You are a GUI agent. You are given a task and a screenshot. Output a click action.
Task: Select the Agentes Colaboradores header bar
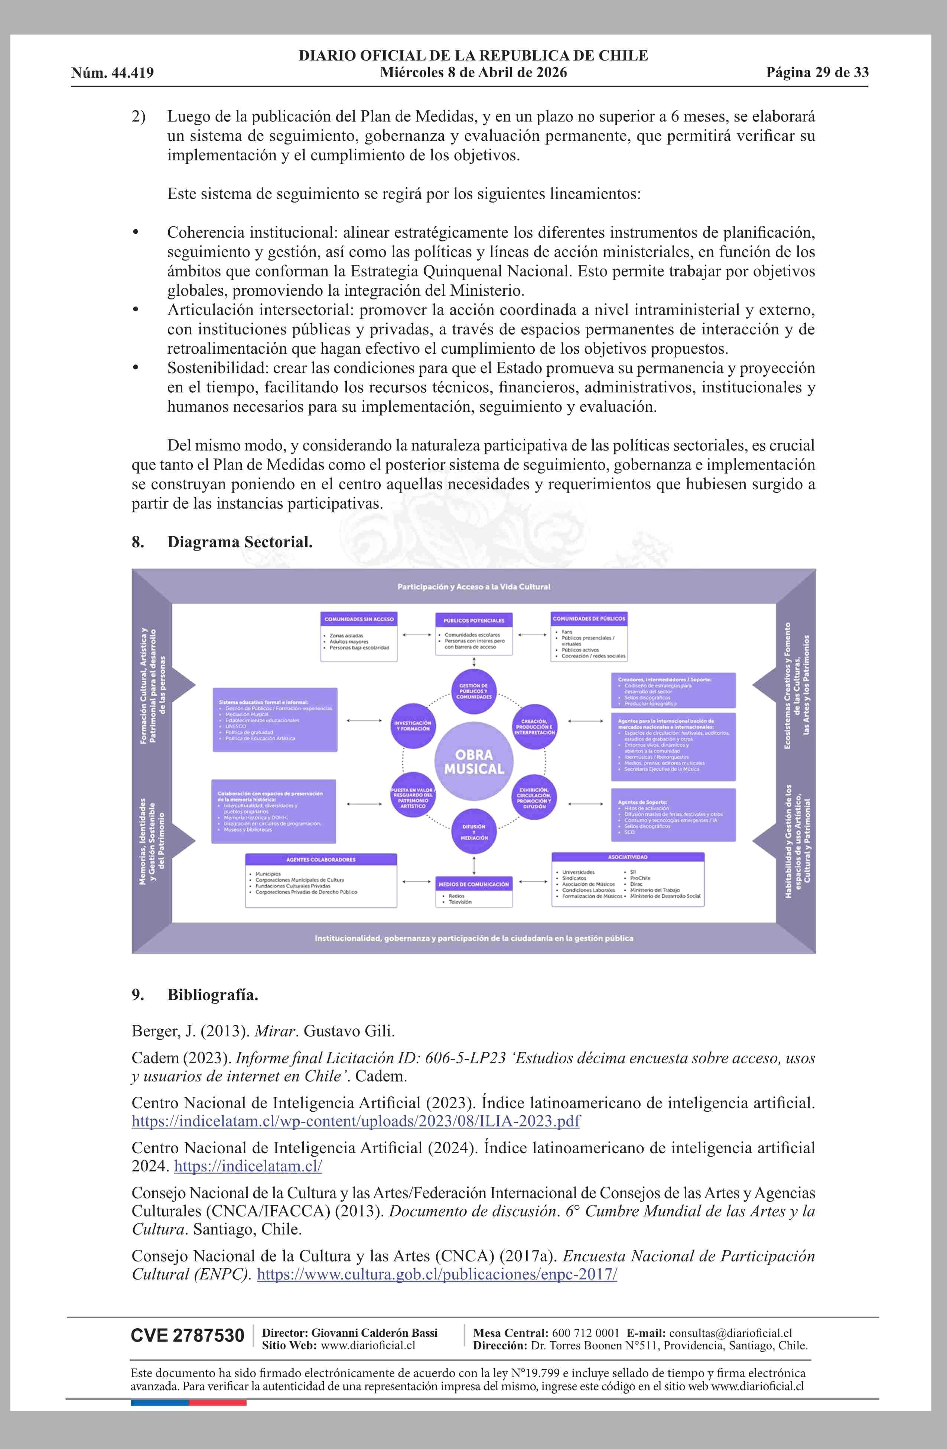(321, 860)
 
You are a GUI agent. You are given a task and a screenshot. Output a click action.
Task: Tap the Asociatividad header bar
(628, 857)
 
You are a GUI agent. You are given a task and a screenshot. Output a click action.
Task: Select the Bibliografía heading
(212, 995)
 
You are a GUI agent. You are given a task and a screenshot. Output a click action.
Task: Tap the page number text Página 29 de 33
(817, 72)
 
